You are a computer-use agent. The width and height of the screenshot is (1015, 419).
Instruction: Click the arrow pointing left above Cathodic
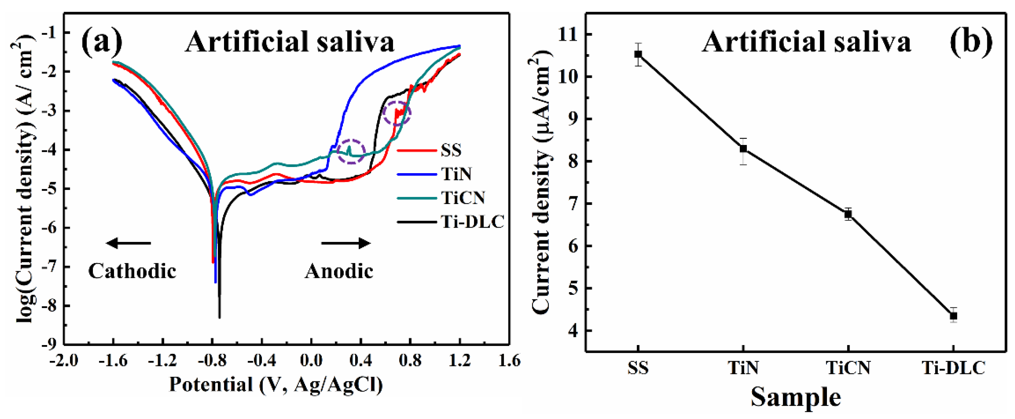point(129,243)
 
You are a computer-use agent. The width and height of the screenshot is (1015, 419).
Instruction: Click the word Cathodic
point(132,271)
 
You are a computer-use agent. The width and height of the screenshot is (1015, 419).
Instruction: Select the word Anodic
point(339,271)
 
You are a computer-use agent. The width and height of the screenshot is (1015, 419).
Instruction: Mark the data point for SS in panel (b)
point(638,54)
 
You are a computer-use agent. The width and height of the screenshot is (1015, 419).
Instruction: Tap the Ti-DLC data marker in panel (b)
point(953,316)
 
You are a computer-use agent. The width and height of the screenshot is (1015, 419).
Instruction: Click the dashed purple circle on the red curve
point(397,113)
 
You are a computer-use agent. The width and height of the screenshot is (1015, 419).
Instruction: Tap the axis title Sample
point(795,397)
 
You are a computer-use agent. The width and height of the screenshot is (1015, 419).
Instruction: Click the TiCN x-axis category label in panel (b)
point(848,368)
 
